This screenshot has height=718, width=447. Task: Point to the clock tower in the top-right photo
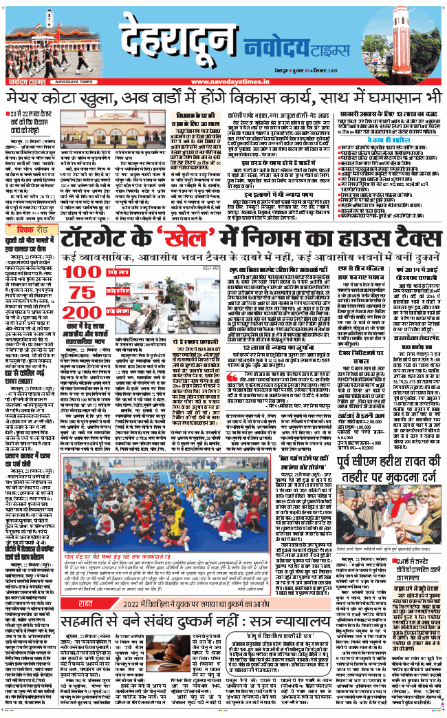[x=412, y=34]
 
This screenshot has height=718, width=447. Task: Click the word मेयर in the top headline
[x=27, y=98]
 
